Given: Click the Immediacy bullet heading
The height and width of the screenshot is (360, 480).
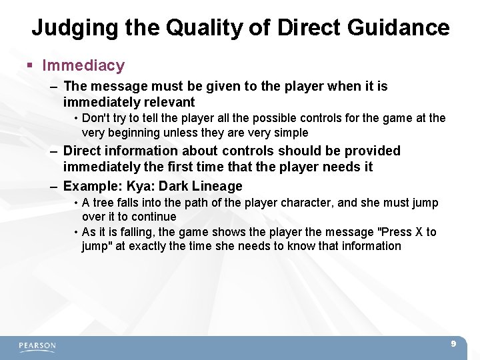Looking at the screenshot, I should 83,65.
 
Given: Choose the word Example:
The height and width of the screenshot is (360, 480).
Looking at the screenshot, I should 91,186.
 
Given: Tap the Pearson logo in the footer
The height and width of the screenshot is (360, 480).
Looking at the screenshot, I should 37,346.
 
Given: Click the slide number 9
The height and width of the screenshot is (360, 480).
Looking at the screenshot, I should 453,344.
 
